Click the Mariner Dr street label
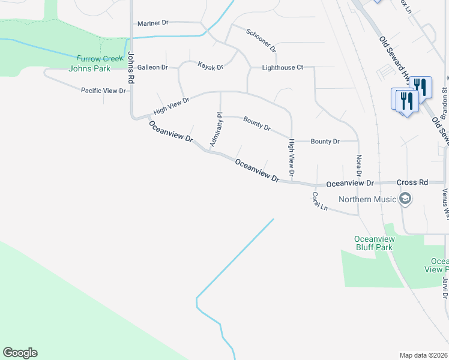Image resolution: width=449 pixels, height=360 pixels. pos(153,23)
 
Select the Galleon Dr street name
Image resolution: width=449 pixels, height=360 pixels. pos(152,67)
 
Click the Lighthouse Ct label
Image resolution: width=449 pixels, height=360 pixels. pos(279,68)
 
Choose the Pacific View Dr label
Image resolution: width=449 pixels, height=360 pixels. pos(103,91)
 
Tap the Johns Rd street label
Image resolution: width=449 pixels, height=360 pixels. pos(130,68)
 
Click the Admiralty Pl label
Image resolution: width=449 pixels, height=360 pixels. pos(216,129)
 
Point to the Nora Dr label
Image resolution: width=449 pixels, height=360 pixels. pos(359,165)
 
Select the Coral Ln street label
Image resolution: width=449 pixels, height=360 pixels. pos(319,200)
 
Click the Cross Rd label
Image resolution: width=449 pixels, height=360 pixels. pos(412,182)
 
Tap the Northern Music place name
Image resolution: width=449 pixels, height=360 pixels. pos(367,199)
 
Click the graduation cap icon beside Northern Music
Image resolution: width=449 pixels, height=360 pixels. pos(405,199)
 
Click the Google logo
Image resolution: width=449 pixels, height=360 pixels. pos(20,353)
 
